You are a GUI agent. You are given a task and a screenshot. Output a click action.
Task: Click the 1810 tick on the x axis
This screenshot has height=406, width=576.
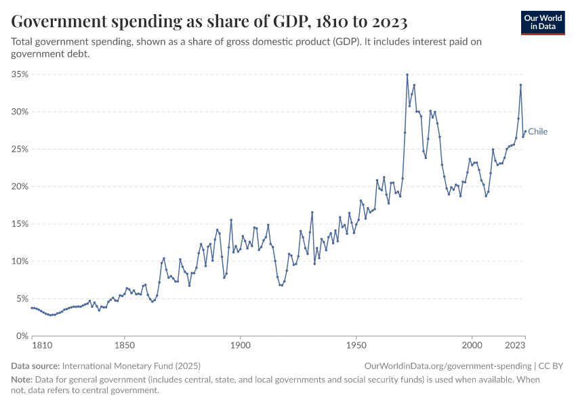pos(41,346)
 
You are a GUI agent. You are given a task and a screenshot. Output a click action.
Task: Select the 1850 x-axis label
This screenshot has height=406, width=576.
pos(125,346)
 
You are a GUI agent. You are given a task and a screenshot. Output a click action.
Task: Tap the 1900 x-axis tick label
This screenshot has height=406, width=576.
pos(241,346)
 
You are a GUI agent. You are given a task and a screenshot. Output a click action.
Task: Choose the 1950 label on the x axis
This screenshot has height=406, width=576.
pos(356,346)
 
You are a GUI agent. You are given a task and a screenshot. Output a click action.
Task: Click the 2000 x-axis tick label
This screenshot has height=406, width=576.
pos(472,346)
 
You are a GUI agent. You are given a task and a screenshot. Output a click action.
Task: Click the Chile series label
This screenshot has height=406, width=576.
pos(538,131)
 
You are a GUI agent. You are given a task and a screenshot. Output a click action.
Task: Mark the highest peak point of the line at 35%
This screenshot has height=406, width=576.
pos(407,74)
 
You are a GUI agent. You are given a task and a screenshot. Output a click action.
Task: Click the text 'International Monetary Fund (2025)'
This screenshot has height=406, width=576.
pos(130,365)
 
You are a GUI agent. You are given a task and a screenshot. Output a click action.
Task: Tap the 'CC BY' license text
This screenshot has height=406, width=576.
pos(552,365)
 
